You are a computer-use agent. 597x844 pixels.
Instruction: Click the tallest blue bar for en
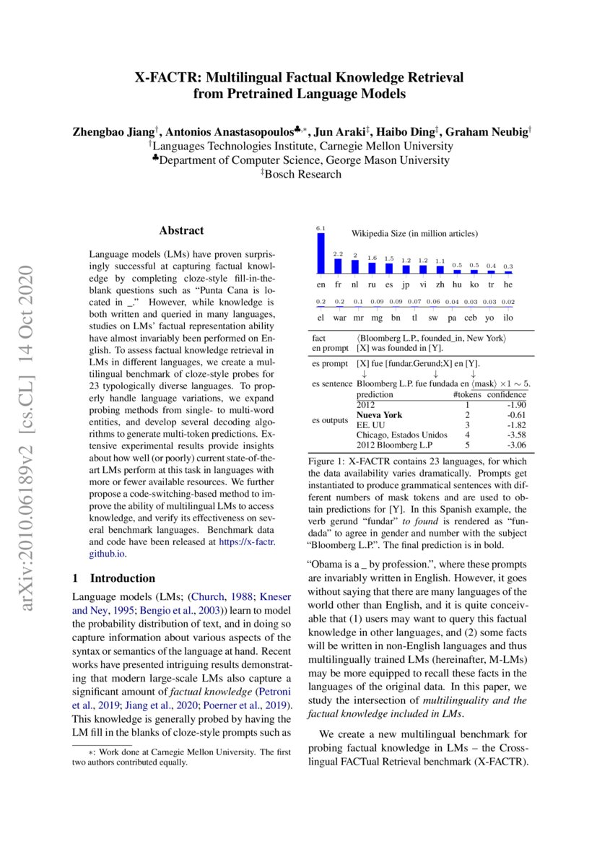321,253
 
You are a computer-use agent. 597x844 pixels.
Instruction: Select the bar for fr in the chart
338,266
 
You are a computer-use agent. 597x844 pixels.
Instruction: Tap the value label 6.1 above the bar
321,229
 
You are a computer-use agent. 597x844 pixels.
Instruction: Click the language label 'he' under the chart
508,284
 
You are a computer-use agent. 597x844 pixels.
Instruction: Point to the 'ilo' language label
508,316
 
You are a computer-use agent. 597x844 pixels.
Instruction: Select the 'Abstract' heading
181,231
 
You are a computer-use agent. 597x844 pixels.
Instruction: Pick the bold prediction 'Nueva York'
378,415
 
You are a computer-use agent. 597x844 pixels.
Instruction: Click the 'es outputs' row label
330,419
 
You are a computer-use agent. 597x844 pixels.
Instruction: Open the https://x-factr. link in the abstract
243,542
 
